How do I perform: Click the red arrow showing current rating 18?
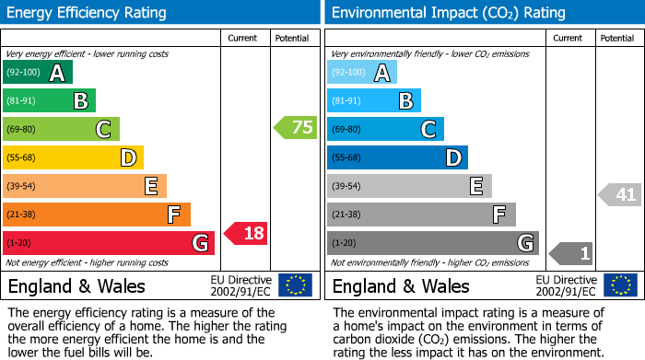[x=246, y=233]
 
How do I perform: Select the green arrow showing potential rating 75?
[x=296, y=128]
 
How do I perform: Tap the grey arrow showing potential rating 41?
[x=620, y=194]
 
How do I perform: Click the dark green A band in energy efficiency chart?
[x=37, y=73]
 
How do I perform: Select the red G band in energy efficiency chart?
[x=108, y=243]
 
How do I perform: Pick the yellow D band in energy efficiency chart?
[x=73, y=157]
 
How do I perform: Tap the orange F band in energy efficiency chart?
[x=96, y=215]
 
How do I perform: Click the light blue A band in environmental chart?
[x=361, y=73]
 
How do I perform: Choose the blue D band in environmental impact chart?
[x=397, y=157]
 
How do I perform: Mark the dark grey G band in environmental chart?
[x=432, y=243]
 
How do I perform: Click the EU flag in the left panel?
[x=295, y=285]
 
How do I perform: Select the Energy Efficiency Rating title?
[x=88, y=13]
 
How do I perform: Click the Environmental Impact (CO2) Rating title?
[x=448, y=13]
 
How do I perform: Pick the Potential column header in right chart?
[x=617, y=38]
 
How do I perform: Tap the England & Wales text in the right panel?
[x=401, y=285]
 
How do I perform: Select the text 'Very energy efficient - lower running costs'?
[x=88, y=54]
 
